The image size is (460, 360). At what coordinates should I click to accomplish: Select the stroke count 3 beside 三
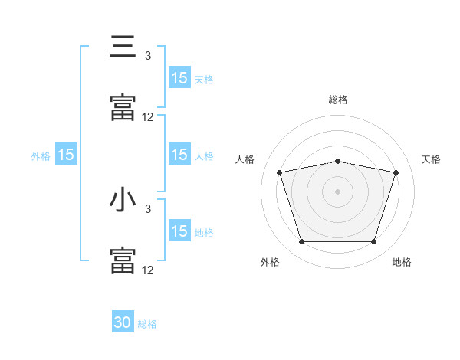coord(148,55)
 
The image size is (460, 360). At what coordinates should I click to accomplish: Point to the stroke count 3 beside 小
coord(148,208)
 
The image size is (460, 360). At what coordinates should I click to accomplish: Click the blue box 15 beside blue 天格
coord(179,78)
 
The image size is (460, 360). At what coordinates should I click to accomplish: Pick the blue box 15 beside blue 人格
coord(179,155)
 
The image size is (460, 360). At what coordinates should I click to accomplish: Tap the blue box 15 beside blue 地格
coord(179,231)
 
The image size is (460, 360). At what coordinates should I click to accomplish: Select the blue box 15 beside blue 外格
coord(66,155)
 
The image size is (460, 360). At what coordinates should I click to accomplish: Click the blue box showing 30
coord(123,323)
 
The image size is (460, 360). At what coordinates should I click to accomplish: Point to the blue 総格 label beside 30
coord(147,324)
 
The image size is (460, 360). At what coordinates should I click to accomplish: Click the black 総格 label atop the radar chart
coord(338,100)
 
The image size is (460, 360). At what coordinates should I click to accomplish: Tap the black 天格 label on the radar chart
coord(432,159)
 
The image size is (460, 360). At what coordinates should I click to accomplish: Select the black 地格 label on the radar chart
coord(402,262)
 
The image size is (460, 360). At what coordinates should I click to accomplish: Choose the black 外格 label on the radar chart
coord(270,262)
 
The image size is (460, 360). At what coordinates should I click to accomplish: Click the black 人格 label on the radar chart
coord(245,159)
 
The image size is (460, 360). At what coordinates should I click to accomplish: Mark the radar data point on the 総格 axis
coord(338,162)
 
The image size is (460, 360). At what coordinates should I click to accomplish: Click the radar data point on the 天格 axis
coord(396,172)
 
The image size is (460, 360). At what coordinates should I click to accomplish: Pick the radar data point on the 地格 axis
coord(373,242)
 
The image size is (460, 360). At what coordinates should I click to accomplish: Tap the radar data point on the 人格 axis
coord(280,172)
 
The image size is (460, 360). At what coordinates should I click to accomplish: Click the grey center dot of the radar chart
coord(338,191)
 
